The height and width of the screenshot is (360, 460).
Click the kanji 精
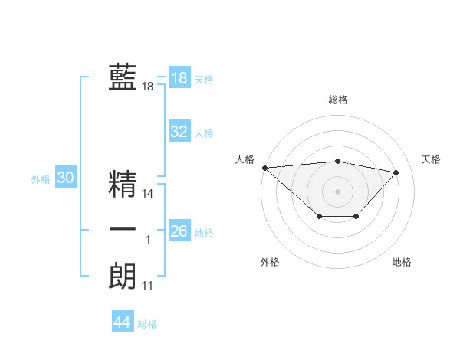point(123,184)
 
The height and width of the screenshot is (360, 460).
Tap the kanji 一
point(123,230)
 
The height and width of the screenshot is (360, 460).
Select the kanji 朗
point(123,276)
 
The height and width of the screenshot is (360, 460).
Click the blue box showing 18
point(179,78)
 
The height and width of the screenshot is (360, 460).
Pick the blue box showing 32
point(179,132)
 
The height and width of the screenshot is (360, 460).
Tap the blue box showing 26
point(179,231)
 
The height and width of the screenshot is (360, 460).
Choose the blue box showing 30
point(65,178)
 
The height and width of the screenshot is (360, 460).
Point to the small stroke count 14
point(148,195)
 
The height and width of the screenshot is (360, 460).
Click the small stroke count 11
point(148,286)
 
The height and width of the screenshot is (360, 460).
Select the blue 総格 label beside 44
point(147,324)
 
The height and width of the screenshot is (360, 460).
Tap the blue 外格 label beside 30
point(41,179)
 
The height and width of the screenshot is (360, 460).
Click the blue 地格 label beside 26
point(204,233)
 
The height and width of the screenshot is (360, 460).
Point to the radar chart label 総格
point(338,100)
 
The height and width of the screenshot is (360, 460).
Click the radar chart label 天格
point(431,159)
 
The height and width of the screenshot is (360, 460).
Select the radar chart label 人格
point(245,159)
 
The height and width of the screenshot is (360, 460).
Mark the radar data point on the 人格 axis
point(264,168)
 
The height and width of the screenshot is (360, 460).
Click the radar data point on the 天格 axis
point(396,172)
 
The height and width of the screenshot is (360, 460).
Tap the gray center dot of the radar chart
point(338,191)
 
